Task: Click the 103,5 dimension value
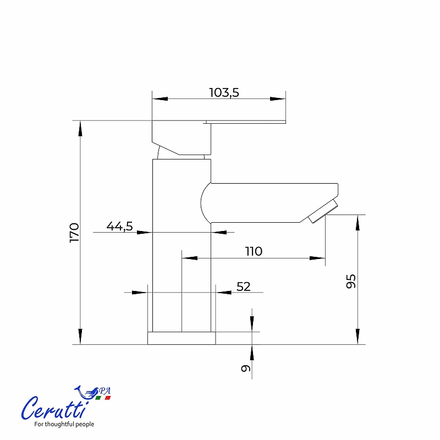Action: pos(224,92)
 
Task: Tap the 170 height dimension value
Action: pos(75,233)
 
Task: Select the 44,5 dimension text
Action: pos(119,226)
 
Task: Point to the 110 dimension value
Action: pos(254,251)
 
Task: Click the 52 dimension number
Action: pos(243,287)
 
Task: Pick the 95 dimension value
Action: pos(351,281)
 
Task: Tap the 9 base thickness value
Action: pos(245,368)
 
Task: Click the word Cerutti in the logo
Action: pos(54,408)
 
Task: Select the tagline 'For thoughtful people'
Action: pos(64,424)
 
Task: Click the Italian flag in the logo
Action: pos(103,398)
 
